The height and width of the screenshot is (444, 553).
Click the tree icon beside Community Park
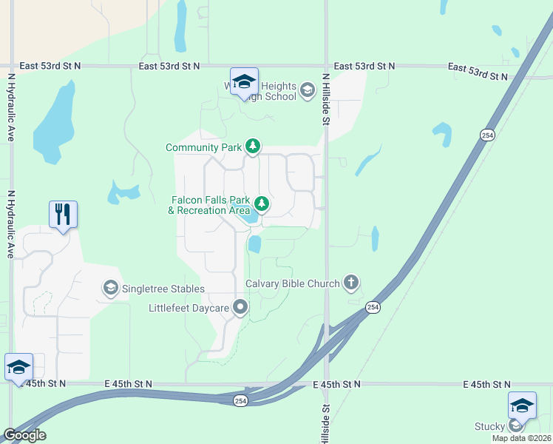coord(253,147)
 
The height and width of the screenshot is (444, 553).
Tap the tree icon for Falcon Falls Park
coord(261,203)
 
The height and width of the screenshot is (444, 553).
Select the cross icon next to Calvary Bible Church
coord(351,283)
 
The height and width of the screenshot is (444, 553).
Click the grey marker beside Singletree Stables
coord(111,288)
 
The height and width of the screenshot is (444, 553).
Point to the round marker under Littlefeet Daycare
coord(240,306)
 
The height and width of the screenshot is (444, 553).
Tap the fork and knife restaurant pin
coord(63,215)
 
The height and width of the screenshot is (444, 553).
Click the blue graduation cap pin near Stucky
coord(522,405)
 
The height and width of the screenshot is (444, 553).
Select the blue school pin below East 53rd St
coord(244,81)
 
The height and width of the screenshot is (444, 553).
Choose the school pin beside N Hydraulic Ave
coord(18,366)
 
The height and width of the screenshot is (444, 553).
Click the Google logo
coord(24,435)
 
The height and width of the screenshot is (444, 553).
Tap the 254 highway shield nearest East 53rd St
coord(486,135)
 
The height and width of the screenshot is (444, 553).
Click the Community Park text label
coord(203,147)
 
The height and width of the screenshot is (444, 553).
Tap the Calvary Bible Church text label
coord(293,283)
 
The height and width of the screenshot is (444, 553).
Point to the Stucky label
coord(489,426)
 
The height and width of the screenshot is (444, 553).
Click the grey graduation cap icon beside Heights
coord(308,92)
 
